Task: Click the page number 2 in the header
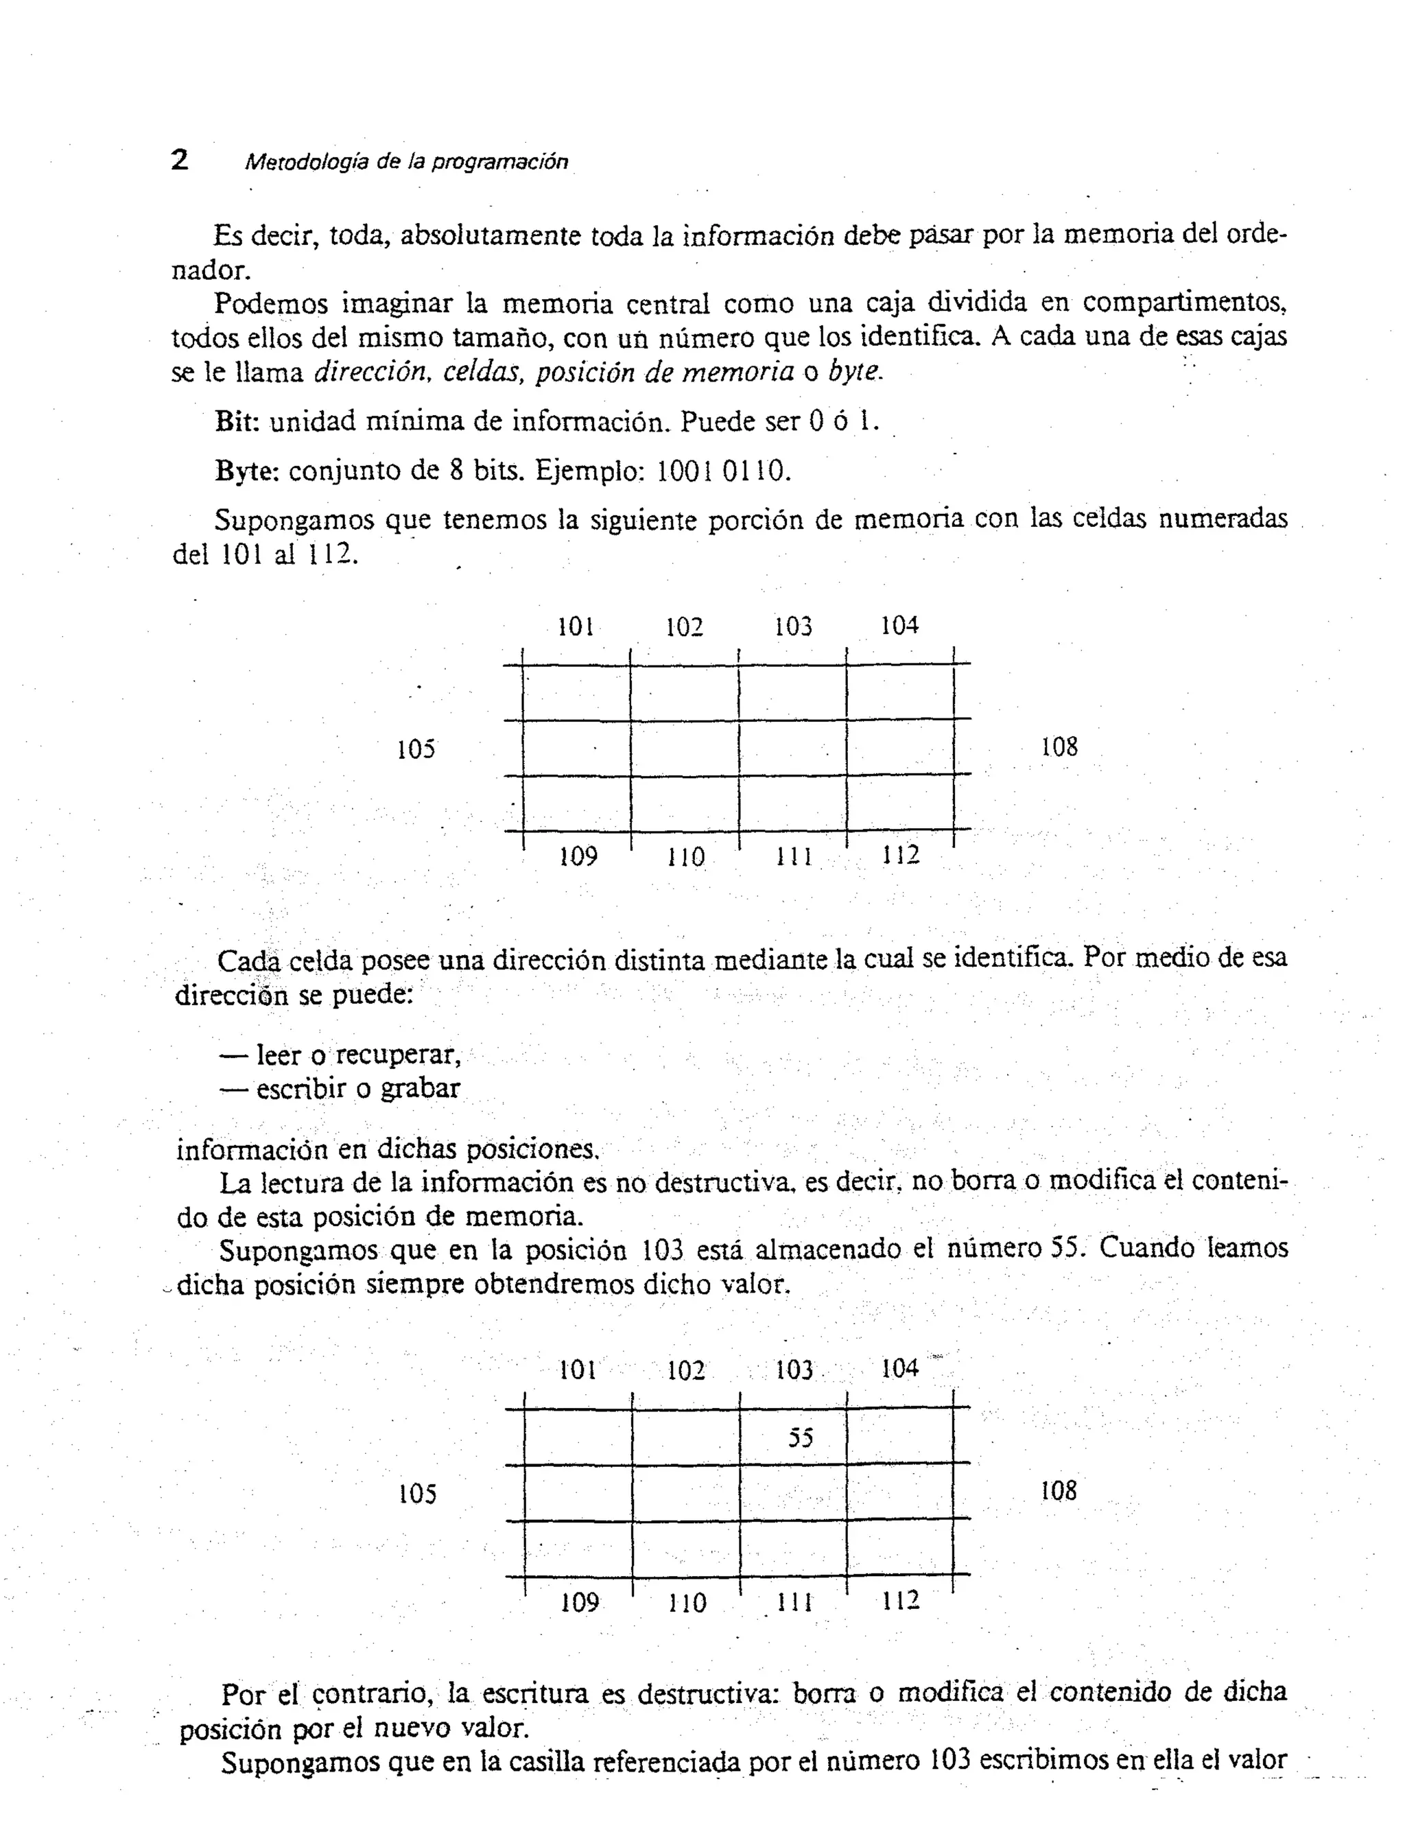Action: coord(180,159)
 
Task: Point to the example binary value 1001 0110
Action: coord(722,471)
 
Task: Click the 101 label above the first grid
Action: coord(576,626)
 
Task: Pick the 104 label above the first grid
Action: coord(899,625)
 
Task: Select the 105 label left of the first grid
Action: coord(416,749)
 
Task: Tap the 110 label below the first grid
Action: coord(686,857)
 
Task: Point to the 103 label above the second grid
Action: coord(794,1370)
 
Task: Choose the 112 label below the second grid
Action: coord(901,1600)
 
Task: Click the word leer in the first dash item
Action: coord(278,1055)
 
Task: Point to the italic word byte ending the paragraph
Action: coord(854,371)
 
